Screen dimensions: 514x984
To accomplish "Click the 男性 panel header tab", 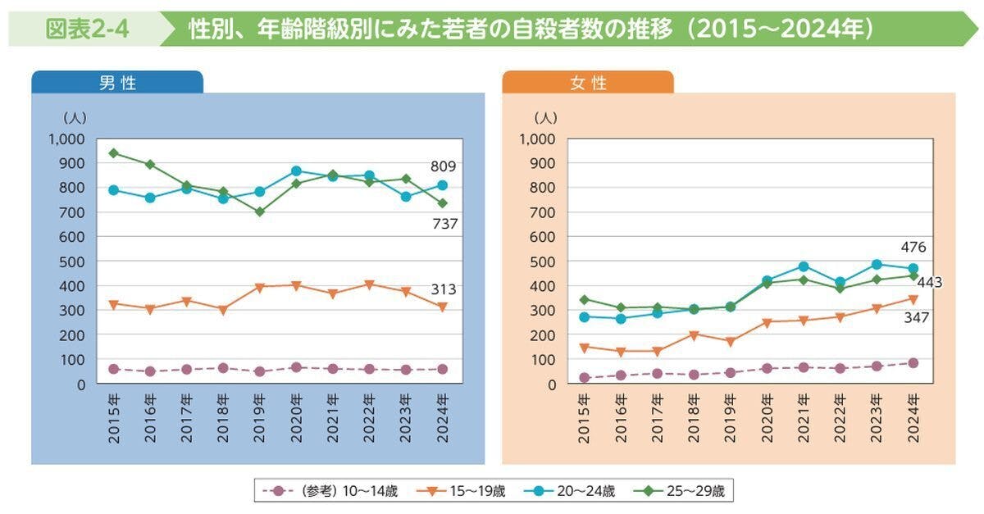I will pyautogui.click(x=117, y=83).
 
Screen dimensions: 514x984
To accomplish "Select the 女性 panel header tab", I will pyautogui.click(x=587, y=83).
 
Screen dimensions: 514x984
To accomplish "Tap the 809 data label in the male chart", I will pyautogui.click(x=444, y=166).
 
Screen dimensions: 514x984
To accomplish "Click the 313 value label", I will pyautogui.click(x=444, y=289).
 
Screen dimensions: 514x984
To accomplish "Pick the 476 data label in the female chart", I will pyautogui.click(x=913, y=247).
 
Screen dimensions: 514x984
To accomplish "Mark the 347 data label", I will pyautogui.click(x=917, y=316).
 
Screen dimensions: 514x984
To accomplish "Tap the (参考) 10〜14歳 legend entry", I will pyautogui.click(x=328, y=492).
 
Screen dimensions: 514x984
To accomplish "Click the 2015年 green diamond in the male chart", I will pyautogui.click(x=114, y=153).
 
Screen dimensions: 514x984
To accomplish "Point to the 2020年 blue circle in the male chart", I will pyautogui.click(x=296, y=171).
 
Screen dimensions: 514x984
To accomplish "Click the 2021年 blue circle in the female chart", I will pyautogui.click(x=804, y=266).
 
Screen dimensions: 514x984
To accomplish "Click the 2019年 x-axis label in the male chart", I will pyautogui.click(x=260, y=418).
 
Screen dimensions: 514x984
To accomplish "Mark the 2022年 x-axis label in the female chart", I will pyautogui.click(x=840, y=418).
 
